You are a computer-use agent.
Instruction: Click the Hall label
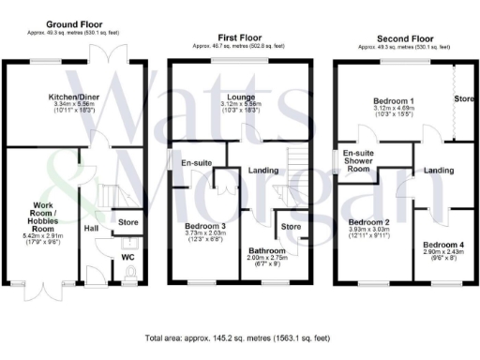92,228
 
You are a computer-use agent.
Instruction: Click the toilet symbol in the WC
128,272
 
